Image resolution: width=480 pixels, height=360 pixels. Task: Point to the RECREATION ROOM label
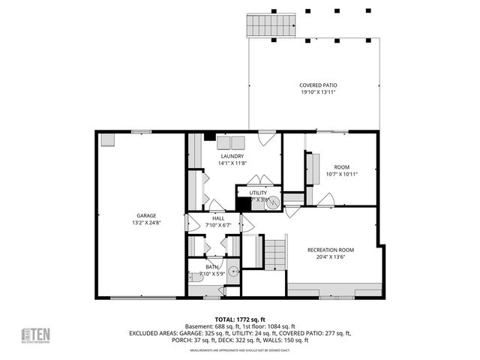pyautogui.click(x=331, y=250)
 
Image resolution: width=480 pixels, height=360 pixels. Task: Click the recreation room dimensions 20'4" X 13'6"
pyautogui.click(x=331, y=256)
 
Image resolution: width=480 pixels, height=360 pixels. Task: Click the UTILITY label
pyautogui.click(x=258, y=193)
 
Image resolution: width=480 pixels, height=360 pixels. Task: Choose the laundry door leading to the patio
pyautogui.click(x=267, y=138)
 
